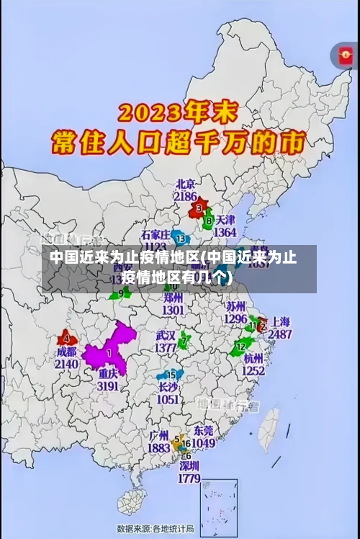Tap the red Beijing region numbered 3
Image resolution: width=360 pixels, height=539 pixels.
[x=197, y=209]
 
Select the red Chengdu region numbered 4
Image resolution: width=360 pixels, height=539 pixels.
[x=68, y=338]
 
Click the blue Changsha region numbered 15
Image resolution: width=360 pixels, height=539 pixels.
[x=171, y=375]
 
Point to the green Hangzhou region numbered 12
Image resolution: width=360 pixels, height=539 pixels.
[x=240, y=348]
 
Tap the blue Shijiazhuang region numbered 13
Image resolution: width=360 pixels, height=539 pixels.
[x=181, y=238]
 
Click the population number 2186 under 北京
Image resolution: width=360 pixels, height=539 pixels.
[x=185, y=196]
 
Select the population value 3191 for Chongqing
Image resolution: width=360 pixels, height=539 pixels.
[x=108, y=386]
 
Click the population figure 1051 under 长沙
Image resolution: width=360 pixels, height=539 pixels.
[x=168, y=399]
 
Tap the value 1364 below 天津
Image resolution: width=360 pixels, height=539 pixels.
[x=225, y=232]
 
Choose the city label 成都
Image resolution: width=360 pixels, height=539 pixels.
[x=66, y=353]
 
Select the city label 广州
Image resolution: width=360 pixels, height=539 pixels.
[x=158, y=435]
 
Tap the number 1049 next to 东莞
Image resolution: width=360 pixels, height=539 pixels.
[x=203, y=443]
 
